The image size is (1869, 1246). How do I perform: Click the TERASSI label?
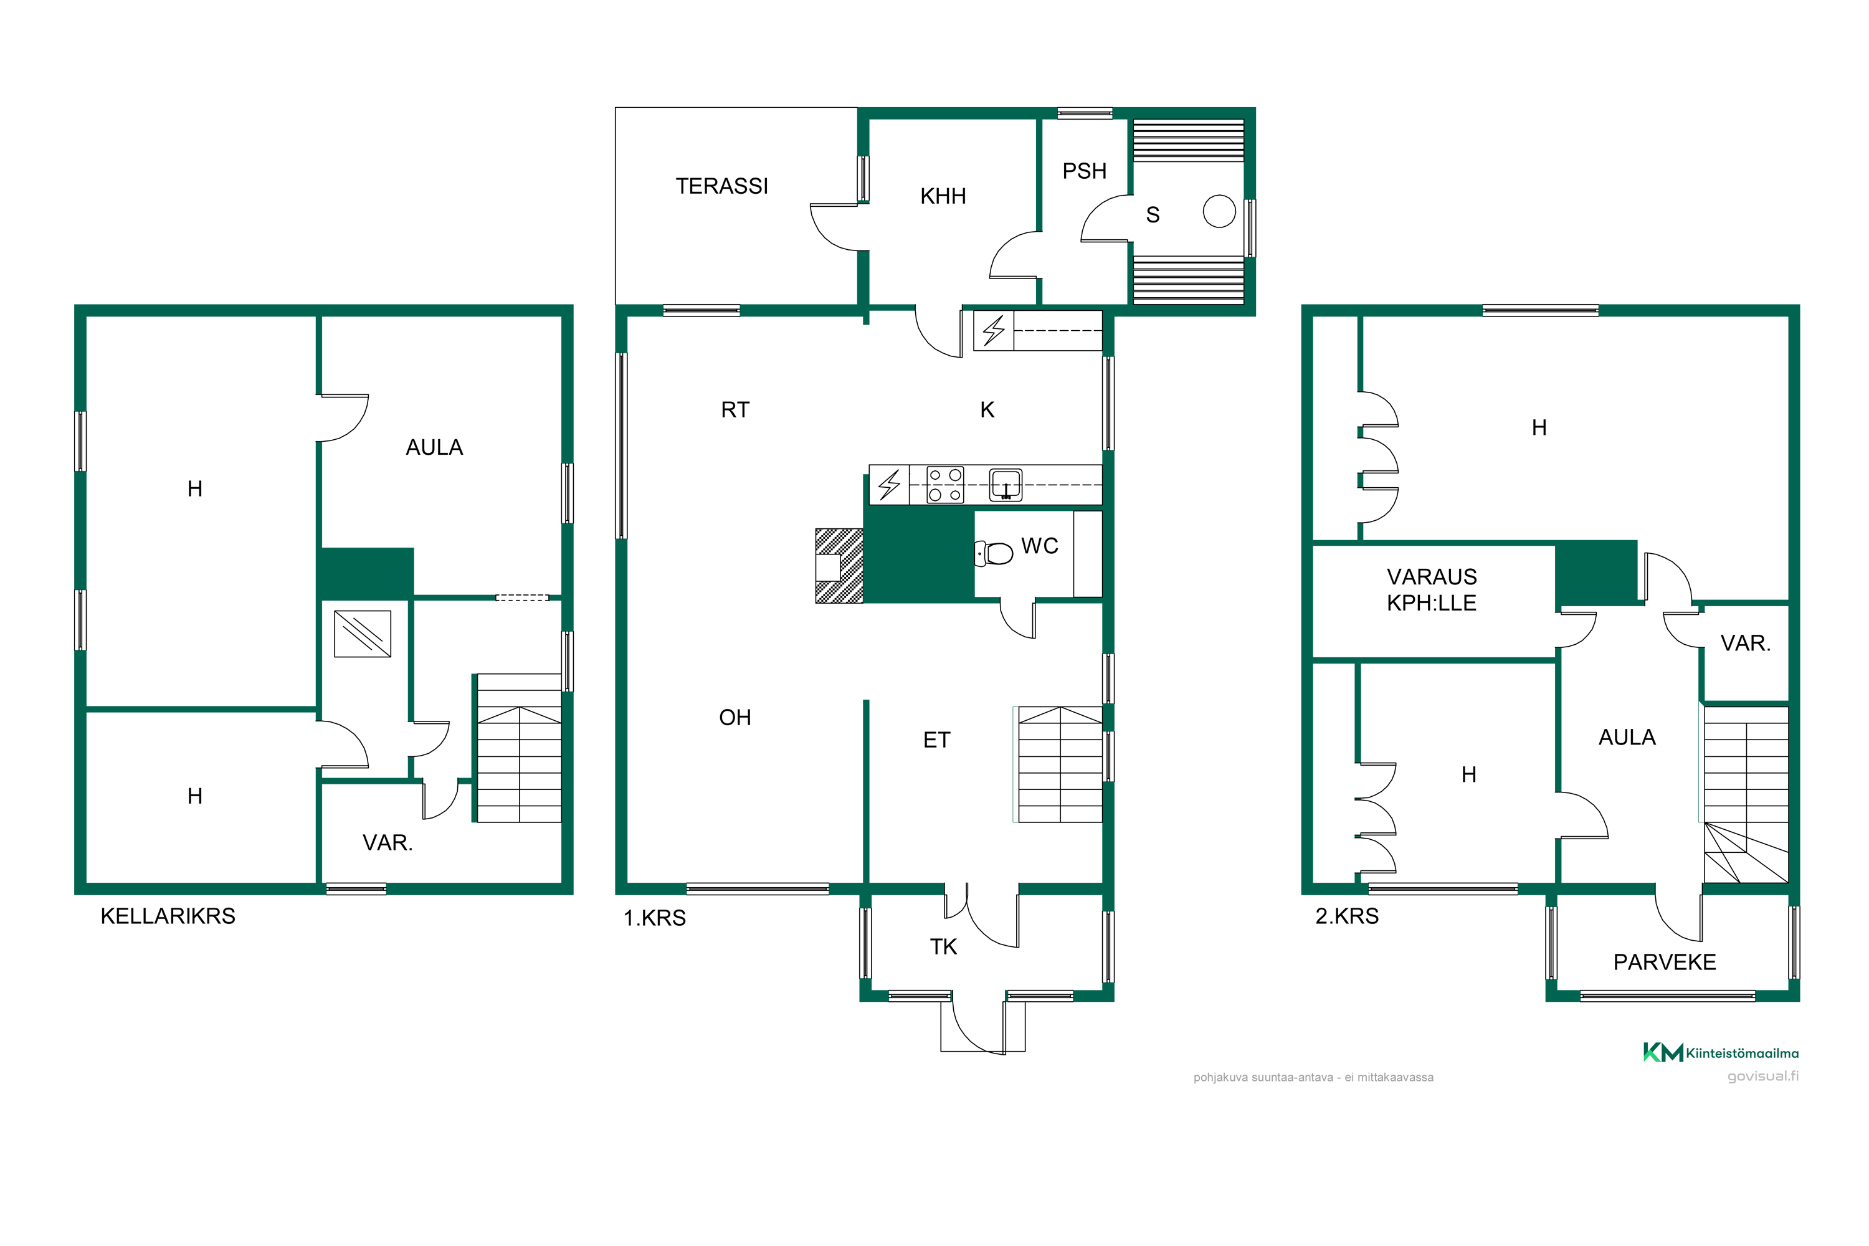click(721, 186)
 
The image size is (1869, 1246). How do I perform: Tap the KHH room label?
click(943, 196)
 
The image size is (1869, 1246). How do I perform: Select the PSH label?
click(1084, 171)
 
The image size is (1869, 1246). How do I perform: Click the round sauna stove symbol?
click(1219, 211)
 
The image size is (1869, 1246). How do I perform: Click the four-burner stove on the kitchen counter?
click(946, 485)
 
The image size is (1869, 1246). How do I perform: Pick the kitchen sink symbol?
click(1006, 485)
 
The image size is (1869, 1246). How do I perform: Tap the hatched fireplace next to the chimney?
click(839, 566)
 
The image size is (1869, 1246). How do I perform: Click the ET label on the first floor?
click(936, 740)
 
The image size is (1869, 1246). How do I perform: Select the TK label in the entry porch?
click(943, 946)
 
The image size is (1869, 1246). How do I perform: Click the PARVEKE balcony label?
click(1664, 963)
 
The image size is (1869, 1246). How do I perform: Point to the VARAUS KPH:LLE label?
click(1431, 589)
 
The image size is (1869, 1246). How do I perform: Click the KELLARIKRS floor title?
click(168, 916)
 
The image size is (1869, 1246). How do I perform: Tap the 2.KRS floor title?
click(1347, 916)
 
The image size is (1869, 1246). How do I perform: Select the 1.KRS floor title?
click(654, 918)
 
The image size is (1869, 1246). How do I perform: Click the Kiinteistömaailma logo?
click(1720, 1053)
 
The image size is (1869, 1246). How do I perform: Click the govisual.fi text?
click(1762, 1076)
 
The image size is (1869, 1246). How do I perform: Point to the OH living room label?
click(735, 718)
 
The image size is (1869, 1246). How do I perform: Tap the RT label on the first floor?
click(735, 410)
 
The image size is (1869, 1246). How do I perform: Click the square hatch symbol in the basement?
click(363, 634)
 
